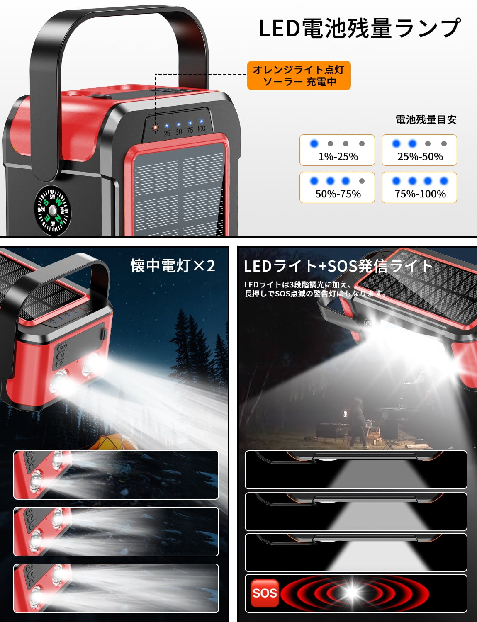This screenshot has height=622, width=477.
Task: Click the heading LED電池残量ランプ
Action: (360, 28)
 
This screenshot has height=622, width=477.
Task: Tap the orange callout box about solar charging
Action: (299, 75)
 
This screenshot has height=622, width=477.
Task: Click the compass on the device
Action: (52, 210)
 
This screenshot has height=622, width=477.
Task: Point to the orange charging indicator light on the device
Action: (155, 127)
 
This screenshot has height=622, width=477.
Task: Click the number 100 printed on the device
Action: (201, 129)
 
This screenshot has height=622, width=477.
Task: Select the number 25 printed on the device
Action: (167, 133)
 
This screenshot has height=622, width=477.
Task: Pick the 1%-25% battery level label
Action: (338, 157)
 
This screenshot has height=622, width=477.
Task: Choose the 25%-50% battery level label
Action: (420, 157)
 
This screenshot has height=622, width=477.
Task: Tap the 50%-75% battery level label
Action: (338, 194)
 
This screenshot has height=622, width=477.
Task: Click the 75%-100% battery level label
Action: (420, 194)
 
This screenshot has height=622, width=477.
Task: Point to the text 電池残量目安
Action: (426, 119)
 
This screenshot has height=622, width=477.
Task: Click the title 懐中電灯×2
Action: (173, 266)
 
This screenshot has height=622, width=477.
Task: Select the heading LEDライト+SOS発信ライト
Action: (338, 266)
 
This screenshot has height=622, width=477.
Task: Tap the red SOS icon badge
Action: (265, 593)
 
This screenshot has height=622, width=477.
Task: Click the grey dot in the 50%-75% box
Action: (362, 181)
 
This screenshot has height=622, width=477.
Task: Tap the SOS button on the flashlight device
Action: (63, 346)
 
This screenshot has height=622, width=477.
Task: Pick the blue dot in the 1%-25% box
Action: (314, 143)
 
